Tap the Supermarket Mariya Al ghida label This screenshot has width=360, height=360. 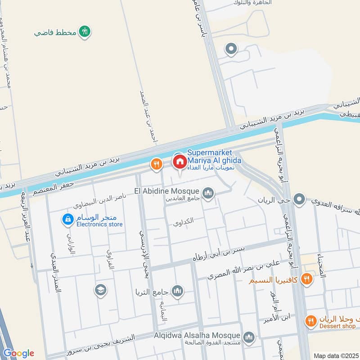pos(214,157)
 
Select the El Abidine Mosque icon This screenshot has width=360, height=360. pos(208,193)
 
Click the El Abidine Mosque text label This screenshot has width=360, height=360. pos(166,191)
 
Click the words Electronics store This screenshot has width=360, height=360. pos(99,224)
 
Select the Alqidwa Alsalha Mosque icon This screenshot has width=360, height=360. pos(248,337)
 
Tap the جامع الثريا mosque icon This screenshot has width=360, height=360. pos(178,291)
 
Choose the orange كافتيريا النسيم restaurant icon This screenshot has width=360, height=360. pos(307,279)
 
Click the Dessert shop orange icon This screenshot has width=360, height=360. pos(310,321)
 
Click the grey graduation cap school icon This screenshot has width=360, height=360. pos(101,290)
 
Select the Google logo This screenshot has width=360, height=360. pos(18,353)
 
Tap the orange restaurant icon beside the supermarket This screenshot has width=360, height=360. pos(157,165)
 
